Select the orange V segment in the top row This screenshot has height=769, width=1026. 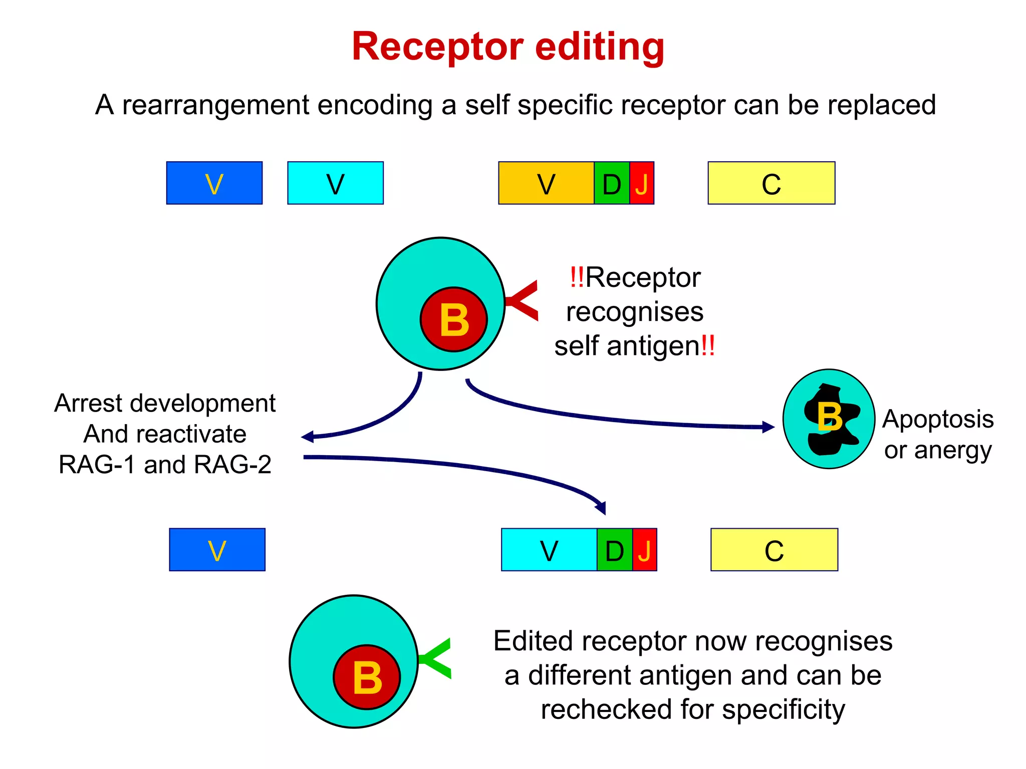point(546,183)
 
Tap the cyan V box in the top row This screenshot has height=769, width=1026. point(335,183)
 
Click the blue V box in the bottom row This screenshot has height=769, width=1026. point(217,550)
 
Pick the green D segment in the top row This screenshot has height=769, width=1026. point(612,183)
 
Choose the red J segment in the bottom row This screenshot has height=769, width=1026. point(645,550)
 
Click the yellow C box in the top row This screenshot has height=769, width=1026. point(771,183)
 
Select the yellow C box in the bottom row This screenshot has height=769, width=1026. point(774,550)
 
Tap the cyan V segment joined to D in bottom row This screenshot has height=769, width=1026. point(549,550)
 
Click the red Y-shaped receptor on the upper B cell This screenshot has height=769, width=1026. point(524,300)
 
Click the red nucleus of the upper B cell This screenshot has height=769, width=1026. point(454,320)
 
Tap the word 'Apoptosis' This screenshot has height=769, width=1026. point(938,419)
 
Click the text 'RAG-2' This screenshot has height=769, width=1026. point(232,465)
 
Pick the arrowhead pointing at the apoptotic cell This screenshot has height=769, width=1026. point(768,427)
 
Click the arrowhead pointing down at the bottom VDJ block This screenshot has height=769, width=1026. point(601,508)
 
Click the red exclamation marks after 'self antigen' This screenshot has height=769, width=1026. point(708,346)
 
